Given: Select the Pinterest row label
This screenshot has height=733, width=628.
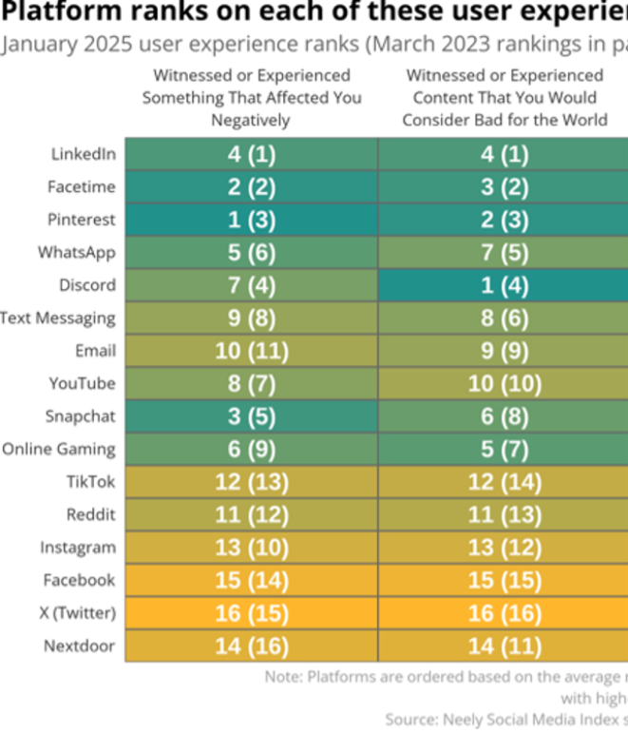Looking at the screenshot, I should pos(82,220).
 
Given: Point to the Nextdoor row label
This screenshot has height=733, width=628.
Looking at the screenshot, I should pos(79,646).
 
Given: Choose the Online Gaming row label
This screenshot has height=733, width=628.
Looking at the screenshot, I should pos(59,450).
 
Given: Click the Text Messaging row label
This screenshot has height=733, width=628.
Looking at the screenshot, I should pos(58,318).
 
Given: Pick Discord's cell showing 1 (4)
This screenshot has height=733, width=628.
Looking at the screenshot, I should pos(504,285).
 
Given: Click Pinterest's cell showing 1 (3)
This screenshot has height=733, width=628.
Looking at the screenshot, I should pos(252,220).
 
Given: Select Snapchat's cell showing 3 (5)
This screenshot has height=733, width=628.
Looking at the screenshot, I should pos(252,416).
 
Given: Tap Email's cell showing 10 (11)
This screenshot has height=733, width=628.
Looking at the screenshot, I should pos(252,351).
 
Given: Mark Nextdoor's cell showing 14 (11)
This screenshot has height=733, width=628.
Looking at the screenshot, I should pos(504,646).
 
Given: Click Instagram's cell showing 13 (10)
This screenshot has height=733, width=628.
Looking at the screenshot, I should pos(252,548).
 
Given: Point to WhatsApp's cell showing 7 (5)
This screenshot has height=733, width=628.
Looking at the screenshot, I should pos(504,253).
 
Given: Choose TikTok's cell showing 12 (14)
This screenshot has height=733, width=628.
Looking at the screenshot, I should pos(504,482).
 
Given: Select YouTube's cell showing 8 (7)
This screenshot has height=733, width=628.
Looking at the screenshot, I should pos(252,384).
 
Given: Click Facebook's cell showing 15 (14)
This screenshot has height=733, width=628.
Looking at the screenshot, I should pos(252,581).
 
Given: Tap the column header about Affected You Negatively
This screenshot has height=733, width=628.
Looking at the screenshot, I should pos(252,98).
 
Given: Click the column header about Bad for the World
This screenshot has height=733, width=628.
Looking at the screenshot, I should pos(504,98).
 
